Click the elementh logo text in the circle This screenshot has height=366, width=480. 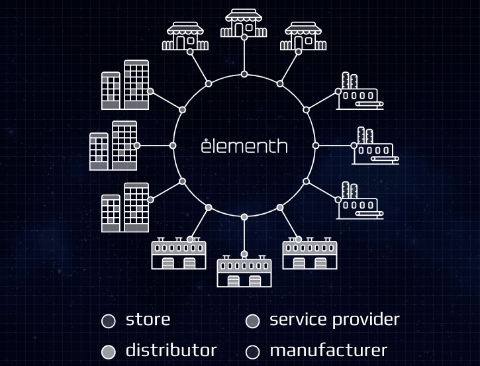pos(244,146)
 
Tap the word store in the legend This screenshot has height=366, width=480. pos(148,320)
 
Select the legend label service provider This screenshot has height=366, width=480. pos(334,320)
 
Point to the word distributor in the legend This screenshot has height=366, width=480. pos(171,350)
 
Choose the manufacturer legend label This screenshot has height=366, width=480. pos(328,350)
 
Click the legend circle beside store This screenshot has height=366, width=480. pos(109,322)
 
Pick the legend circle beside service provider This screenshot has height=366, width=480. pos(252,322)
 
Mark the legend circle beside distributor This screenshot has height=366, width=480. pos(109,352)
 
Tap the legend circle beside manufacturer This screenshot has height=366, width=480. pos(252,352)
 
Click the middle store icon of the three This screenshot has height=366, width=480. pos(244,23)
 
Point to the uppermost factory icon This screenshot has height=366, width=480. pos(360,91)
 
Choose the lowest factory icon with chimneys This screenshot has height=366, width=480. pos(360,200)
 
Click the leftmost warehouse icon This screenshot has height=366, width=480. pos(179,254)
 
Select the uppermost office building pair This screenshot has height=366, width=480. pos(124,85)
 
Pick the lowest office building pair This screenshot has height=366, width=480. pos(124,207)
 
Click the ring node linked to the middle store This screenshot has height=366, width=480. pos(244,74)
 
